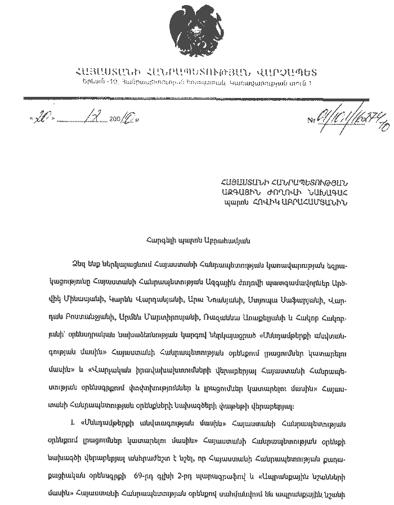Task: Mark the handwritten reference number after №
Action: click(x=351, y=118)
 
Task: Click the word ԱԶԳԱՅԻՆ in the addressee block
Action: click(x=239, y=191)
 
